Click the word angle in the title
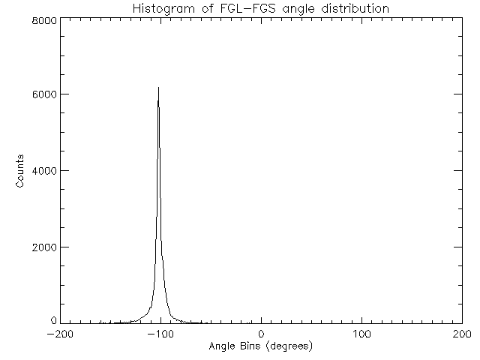tap(296, 10)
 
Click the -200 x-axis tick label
tap(59, 334)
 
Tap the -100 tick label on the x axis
tap(160, 334)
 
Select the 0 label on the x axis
tap(261, 334)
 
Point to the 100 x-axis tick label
tap(361, 334)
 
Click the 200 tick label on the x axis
tap(462, 334)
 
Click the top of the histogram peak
tap(158, 88)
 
